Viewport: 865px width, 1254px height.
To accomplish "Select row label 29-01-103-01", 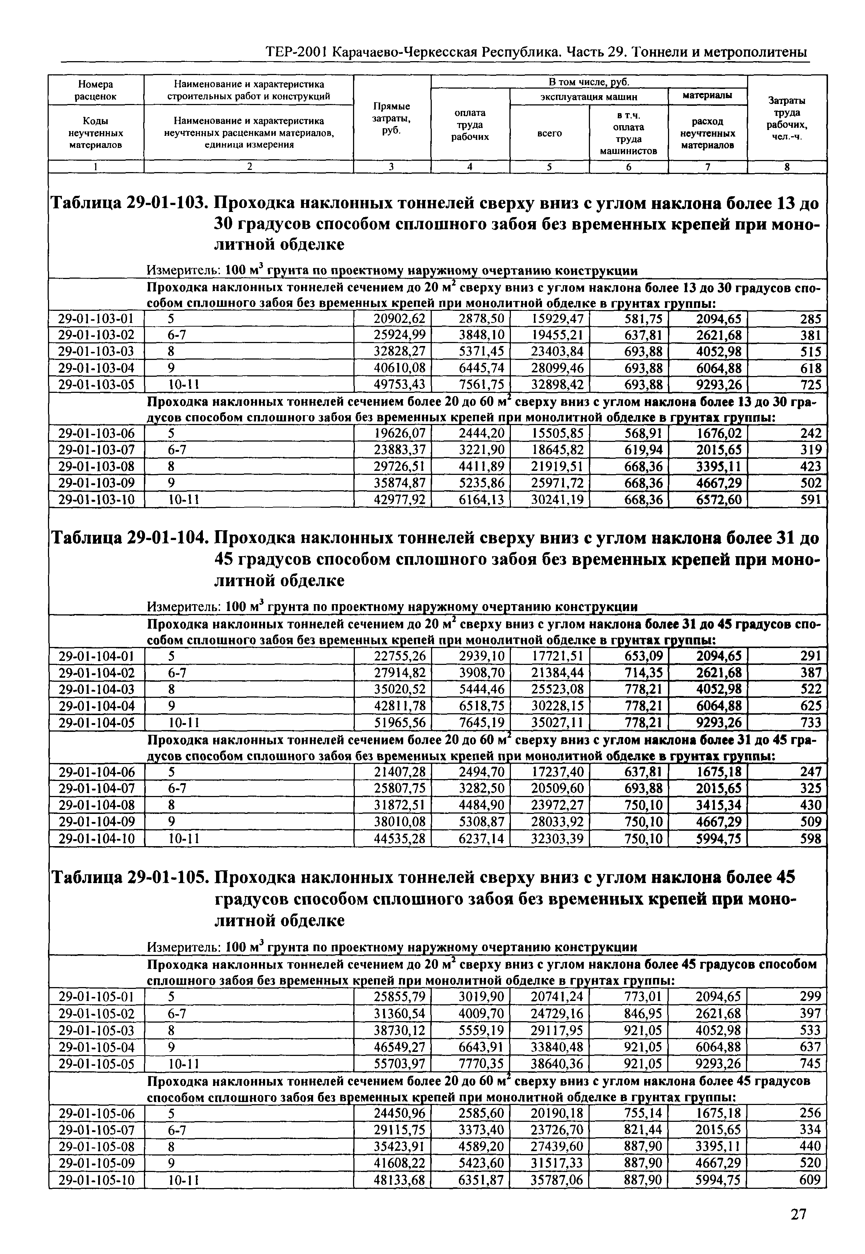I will [96, 319].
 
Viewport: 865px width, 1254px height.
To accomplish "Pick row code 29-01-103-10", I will [96, 499].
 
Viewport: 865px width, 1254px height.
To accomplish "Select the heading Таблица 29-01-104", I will [129, 538].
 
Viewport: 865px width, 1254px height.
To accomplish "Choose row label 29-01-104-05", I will [96, 722].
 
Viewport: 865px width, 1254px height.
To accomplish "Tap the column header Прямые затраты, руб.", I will [391, 118].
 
